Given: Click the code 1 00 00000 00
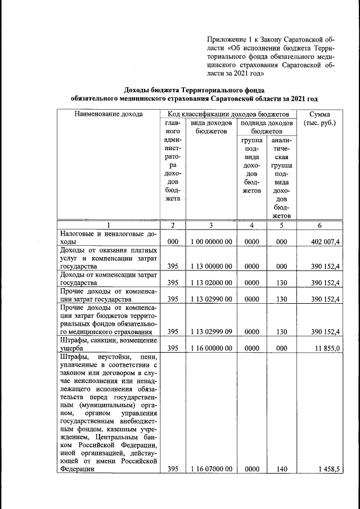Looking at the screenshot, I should [210, 241].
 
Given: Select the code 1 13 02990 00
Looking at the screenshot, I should [210, 299].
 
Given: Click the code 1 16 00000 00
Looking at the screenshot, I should [210, 348].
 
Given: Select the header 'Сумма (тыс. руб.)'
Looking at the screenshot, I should [319, 119].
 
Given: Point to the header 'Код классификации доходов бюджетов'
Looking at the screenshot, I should [228, 114].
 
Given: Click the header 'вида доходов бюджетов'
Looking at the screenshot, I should [210, 127].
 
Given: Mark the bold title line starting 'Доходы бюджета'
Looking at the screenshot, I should [194, 89].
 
